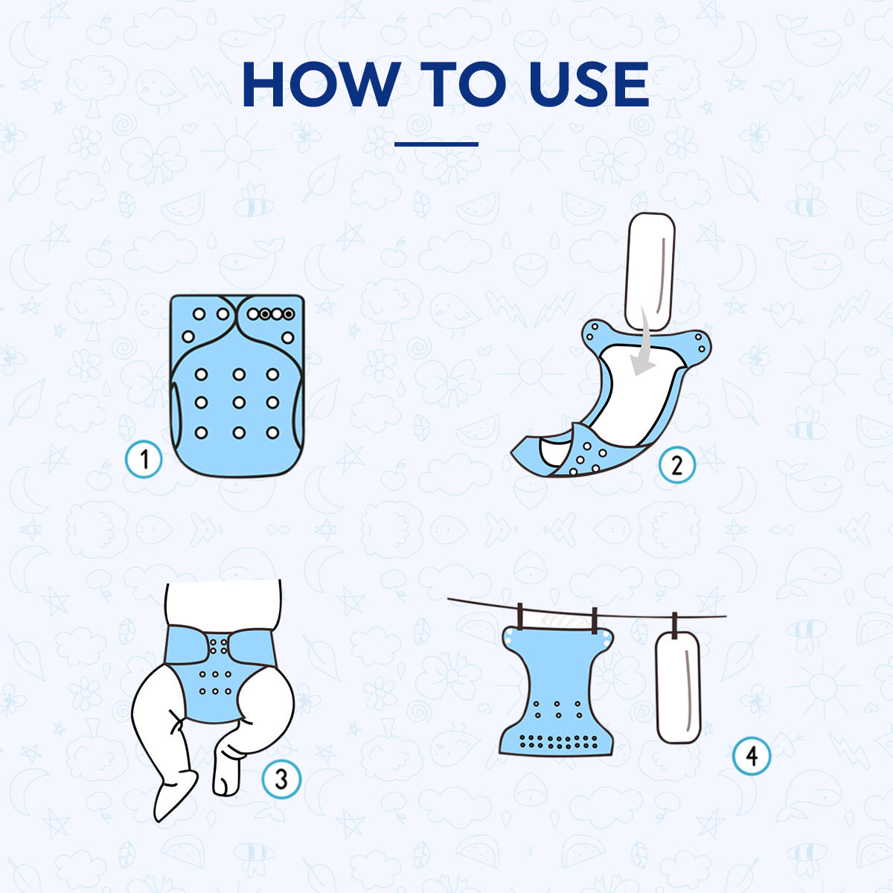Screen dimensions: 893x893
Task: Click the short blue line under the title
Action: (x=436, y=144)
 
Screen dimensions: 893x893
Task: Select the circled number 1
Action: (x=144, y=459)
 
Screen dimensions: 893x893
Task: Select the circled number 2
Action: (x=676, y=465)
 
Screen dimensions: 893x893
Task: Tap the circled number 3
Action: (x=281, y=779)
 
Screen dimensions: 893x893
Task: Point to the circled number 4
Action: (x=751, y=756)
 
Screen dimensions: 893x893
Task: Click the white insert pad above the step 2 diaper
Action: (x=650, y=271)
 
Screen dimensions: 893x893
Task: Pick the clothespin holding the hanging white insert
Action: (x=674, y=626)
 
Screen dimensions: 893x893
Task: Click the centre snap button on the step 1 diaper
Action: (x=239, y=403)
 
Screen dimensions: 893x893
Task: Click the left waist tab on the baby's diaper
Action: (x=188, y=645)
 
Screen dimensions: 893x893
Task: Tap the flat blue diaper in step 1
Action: (x=237, y=385)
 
